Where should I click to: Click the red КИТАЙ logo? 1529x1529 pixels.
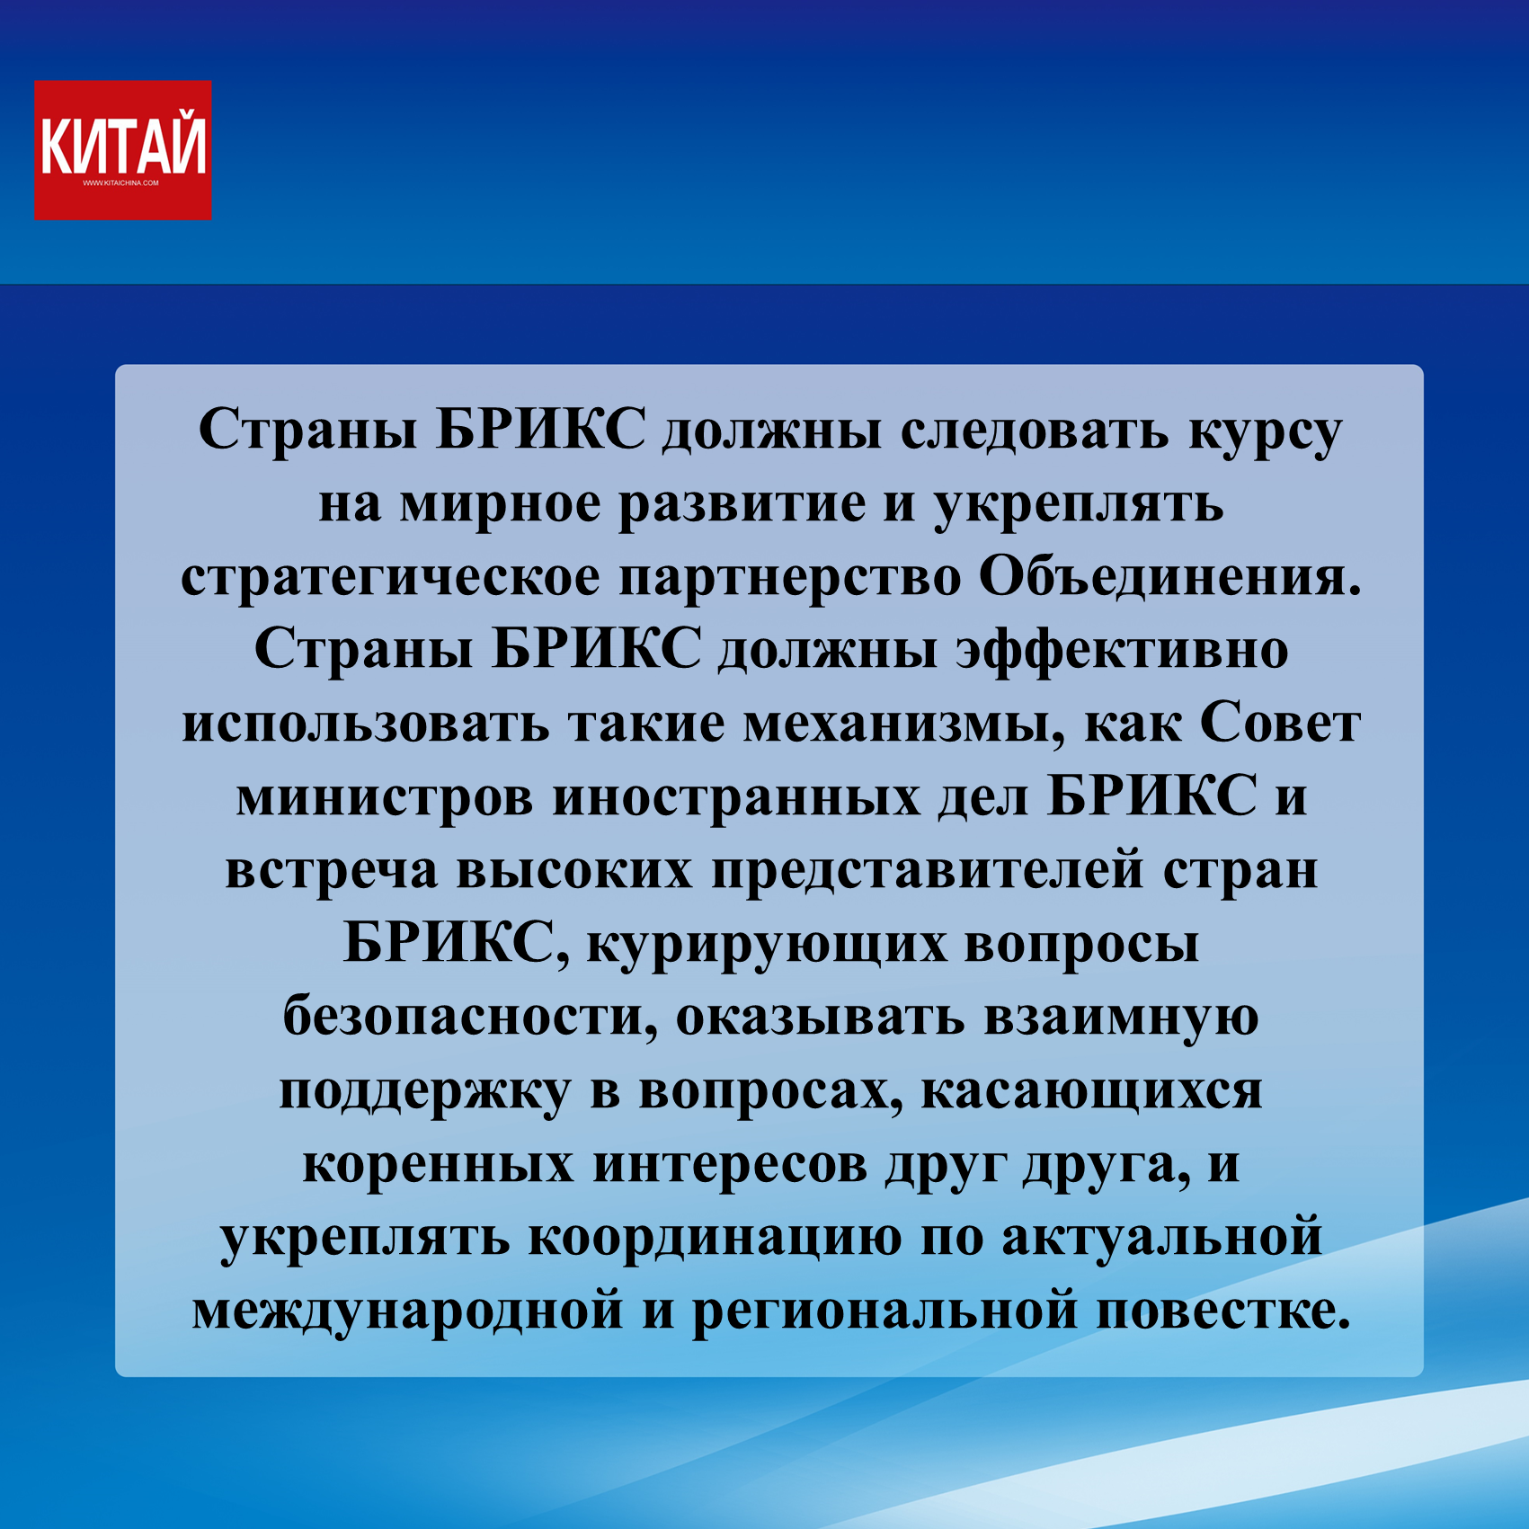(x=123, y=150)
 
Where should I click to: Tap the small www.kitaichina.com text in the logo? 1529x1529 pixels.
(x=120, y=183)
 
